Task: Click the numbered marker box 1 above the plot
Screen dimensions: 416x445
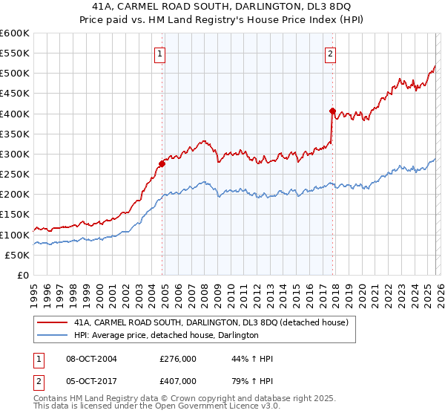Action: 160,53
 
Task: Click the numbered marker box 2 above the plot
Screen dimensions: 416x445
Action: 330,53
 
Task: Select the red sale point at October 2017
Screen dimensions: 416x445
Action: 332,111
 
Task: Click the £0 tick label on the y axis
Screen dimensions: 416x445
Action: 22,275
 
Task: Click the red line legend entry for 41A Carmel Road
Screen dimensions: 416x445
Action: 215,322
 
